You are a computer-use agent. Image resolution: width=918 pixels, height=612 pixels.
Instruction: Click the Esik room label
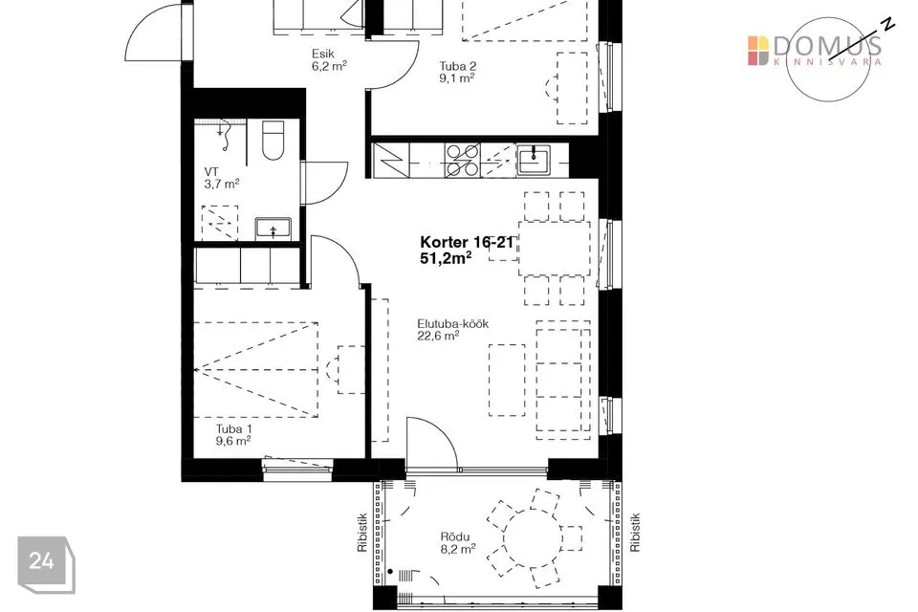tap(322, 55)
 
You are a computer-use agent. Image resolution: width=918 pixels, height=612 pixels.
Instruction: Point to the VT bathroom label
tap(211, 171)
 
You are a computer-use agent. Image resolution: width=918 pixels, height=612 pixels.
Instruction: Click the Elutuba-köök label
tap(452, 324)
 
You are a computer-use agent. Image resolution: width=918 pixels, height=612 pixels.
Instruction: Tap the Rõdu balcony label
tap(455, 537)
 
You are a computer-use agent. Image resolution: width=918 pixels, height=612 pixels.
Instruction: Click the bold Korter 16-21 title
tap(467, 242)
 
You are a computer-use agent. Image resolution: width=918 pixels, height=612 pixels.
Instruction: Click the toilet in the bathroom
tap(273, 141)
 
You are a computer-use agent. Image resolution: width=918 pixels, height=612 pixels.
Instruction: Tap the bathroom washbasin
tap(273, 228)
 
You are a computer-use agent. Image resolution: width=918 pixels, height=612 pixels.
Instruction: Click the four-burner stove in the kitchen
tap(463, 161)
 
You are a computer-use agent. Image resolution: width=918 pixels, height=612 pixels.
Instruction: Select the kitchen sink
tap(534, 161)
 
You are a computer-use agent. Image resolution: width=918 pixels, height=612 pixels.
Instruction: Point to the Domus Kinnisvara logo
tap(815, 51)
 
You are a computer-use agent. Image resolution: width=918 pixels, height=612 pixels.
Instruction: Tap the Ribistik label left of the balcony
tap(361, 533)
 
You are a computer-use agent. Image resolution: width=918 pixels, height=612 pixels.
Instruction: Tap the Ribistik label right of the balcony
tap(635, 533)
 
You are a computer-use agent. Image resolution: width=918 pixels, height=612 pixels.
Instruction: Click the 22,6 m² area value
tap(438, 336)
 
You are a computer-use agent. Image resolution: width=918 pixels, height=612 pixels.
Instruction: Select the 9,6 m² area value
tap(233, 441)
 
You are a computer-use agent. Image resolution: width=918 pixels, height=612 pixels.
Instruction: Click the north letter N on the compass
tap(888, 23)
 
